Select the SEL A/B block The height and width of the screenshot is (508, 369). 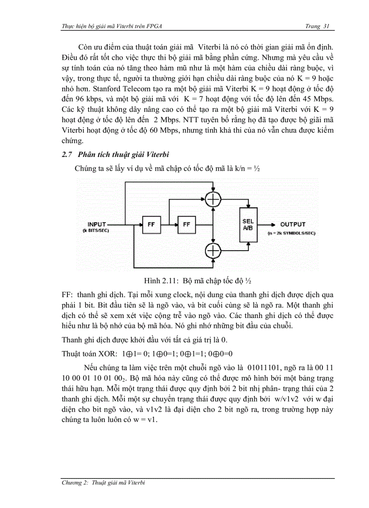coord(248,225)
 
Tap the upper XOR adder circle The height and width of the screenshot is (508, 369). coord(213,198)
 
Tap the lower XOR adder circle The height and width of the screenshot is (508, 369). coord(213,249)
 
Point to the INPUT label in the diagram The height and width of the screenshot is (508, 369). coord(97,224)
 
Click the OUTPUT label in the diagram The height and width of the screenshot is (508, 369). coord(293,224)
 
